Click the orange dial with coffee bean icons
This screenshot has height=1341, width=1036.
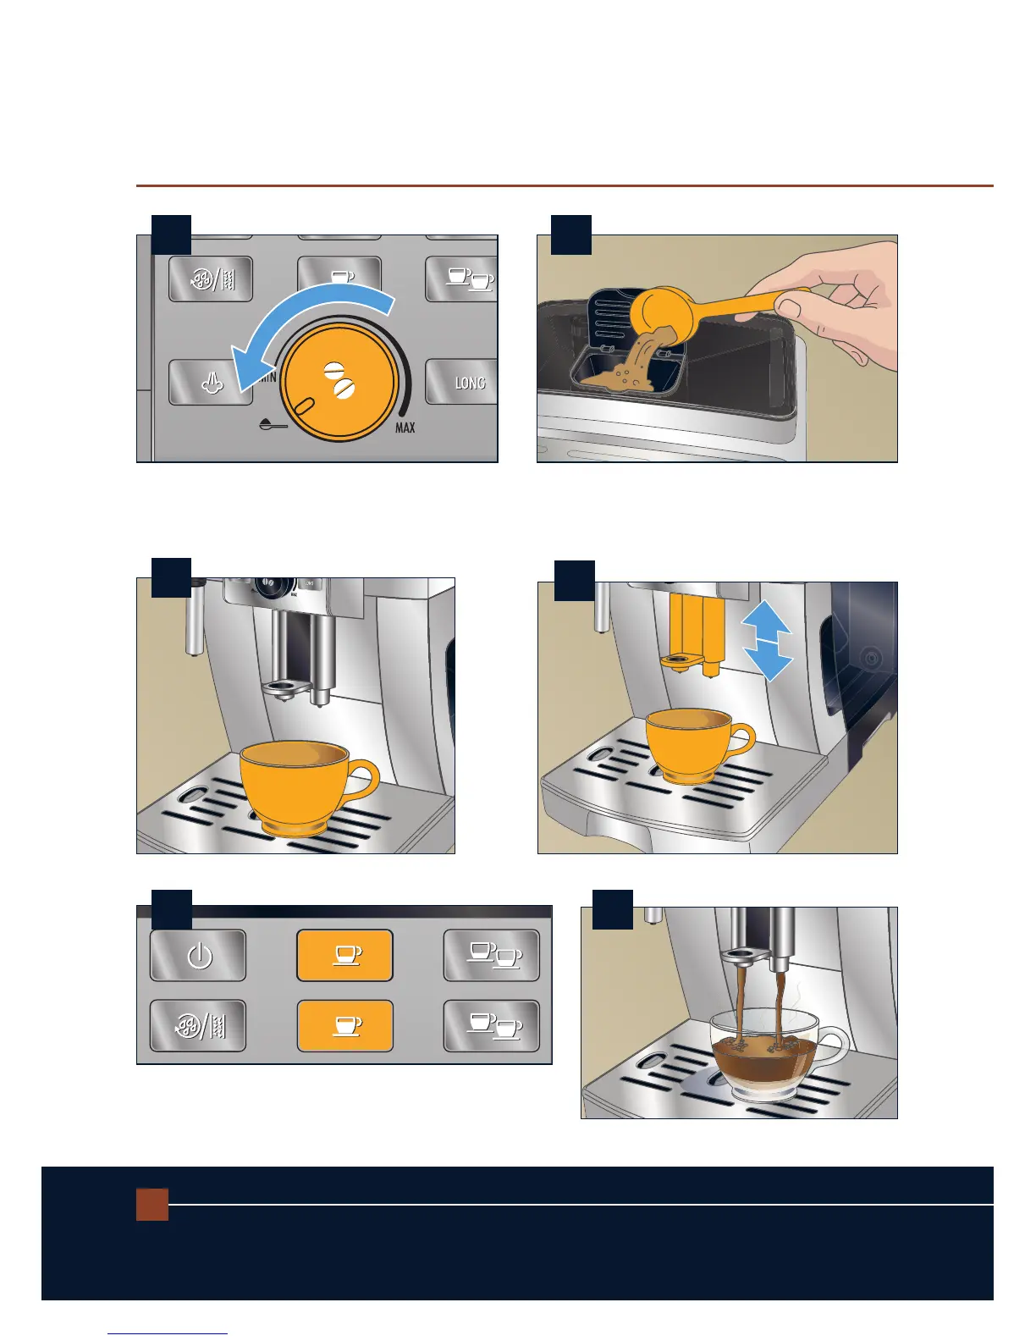coord(339,382)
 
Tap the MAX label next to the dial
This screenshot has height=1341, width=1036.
coord(405,427)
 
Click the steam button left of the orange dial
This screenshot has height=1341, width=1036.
coord(210,383)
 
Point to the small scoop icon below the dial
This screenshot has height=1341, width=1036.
coord(273,425)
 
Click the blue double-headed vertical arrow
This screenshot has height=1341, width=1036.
coord(767,641)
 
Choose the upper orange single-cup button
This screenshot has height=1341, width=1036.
coord(345,955)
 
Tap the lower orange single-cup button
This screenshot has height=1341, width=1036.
coord(345,1026)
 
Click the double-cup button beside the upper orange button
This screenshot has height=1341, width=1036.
coord(491,955)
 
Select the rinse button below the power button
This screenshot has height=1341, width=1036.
coord(197,1026)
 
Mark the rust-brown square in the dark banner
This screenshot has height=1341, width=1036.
coord(152,1205)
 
